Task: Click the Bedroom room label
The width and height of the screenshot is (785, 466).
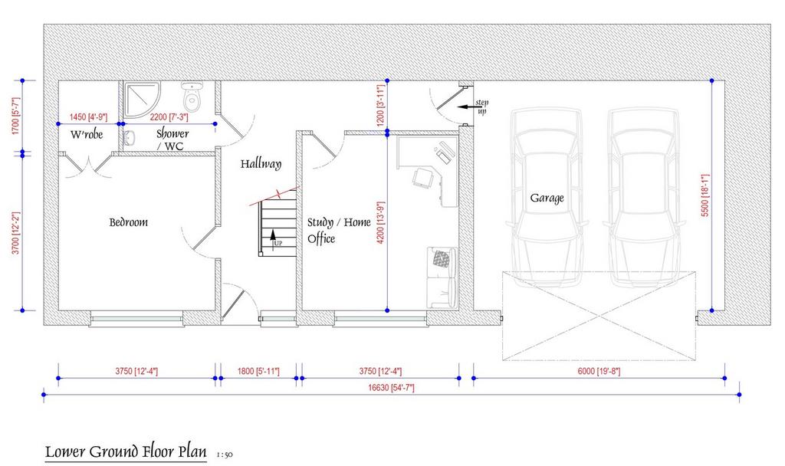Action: click(129, 222)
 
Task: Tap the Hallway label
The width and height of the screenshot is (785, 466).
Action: click(261, 164)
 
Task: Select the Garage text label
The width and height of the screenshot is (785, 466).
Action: click(547, 199)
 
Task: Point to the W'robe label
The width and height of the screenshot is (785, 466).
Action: click(87, 134)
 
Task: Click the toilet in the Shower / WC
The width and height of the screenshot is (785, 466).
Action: click(191, 96)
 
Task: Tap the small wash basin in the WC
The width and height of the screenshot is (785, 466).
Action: click(129, 138)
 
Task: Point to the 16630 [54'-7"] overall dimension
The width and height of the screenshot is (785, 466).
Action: click(391, 387)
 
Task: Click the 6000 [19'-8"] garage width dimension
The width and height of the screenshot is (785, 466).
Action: click(599, 372)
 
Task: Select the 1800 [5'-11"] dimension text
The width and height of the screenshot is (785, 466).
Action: click(258, 372)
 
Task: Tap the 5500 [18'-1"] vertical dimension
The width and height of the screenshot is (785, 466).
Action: click(705, 195)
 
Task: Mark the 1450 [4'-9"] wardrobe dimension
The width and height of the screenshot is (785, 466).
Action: click(88, 117)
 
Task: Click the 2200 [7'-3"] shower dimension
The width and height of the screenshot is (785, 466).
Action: click(169, 117)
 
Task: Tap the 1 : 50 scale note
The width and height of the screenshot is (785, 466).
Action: click(225, 455)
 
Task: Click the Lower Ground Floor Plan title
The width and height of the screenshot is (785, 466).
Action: click(126, 451)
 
